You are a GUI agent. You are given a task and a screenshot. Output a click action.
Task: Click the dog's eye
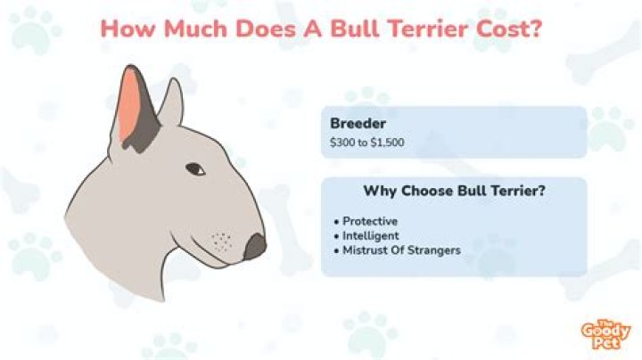tap(196, 169)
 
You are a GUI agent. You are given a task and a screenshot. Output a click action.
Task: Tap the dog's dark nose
tap(255, 247)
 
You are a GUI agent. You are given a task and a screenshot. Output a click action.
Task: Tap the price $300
tap(342, 143)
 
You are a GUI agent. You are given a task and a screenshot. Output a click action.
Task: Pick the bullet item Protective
tap(369, 221)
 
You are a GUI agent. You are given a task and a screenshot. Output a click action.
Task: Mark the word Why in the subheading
tap(378, 191)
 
